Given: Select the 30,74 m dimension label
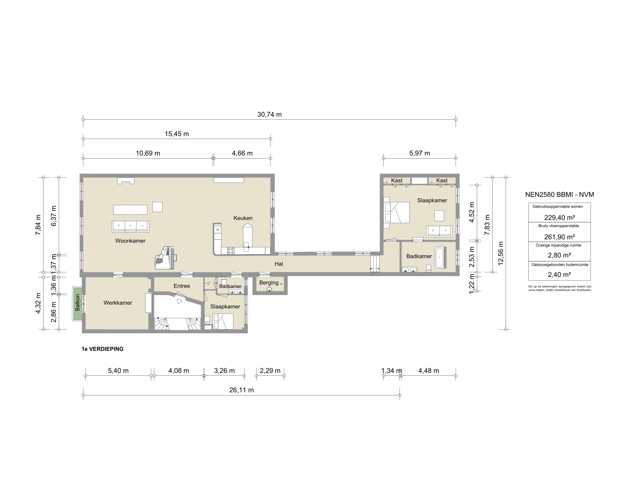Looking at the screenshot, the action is click(x=269, y=114).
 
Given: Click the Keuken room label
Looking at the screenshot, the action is click(x=243, y=218).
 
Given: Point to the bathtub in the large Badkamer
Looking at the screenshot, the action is click(x=440, y=258).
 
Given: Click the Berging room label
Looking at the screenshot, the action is click(x=269, y=283).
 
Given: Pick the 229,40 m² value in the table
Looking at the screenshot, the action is click(x=559, y=217).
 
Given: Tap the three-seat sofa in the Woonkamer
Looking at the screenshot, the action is click(x=130, y=227).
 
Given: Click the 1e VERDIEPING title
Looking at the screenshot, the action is click(x=102, y=349).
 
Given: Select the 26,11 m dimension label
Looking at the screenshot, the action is click(x=241, y=390).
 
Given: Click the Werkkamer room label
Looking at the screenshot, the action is click(x=117, y=303).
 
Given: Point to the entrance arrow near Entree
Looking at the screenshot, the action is click(x=179, y=301).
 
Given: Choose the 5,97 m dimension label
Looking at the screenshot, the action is click(x=419, y=153).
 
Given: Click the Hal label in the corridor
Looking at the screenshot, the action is click(x=279, y=264).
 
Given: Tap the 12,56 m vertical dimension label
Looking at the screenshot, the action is click(x=500, y=253).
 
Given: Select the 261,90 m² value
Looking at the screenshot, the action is click(x=559, y=237).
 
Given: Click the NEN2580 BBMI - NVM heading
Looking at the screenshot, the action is click(x=559, y=194).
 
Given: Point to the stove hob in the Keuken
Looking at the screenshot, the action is click(x=231, y=251).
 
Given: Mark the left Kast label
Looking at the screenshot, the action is click(x=396, y=180).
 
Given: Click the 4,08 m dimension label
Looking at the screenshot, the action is click(x=179, y=370).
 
